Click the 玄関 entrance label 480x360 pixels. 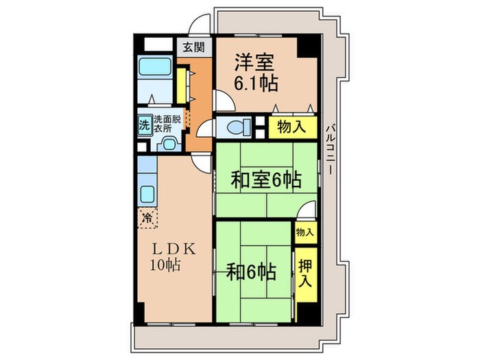[193, 47]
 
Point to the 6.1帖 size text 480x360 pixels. [258, 84]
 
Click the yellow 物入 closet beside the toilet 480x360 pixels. [292, 128]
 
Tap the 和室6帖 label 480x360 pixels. [265, 180]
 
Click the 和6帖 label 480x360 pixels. [251, 272]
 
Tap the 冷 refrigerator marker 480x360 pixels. [147, 218]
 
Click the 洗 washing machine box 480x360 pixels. [144, 125]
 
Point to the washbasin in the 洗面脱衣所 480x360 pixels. [167, 143]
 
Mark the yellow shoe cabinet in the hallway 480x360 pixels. [182, 82]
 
